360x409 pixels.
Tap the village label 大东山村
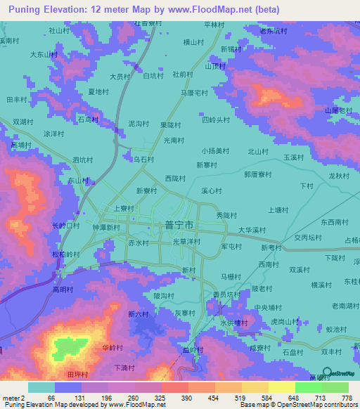[x=42, y=54]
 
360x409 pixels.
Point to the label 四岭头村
[x=216, y=120]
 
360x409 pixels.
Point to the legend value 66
[x=51, y=398]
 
